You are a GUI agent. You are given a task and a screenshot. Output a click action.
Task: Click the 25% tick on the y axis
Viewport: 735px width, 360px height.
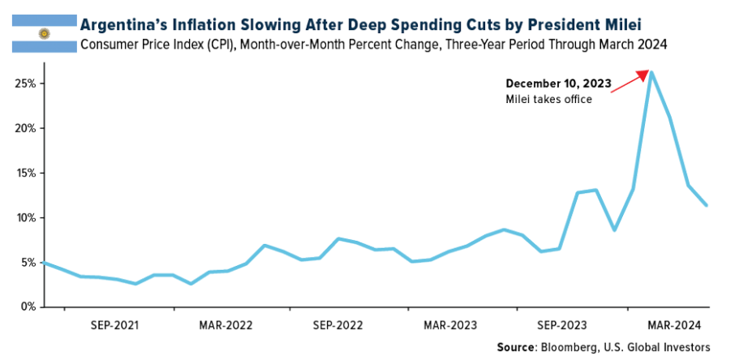27,84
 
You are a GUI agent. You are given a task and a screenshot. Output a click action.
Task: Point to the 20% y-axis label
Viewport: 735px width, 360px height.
27,128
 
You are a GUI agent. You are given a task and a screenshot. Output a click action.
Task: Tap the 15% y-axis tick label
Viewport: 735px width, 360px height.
27,173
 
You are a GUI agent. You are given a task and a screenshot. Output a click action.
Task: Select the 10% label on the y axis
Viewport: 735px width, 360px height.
27,217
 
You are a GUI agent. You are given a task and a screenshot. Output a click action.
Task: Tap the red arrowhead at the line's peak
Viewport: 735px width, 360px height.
647,75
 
